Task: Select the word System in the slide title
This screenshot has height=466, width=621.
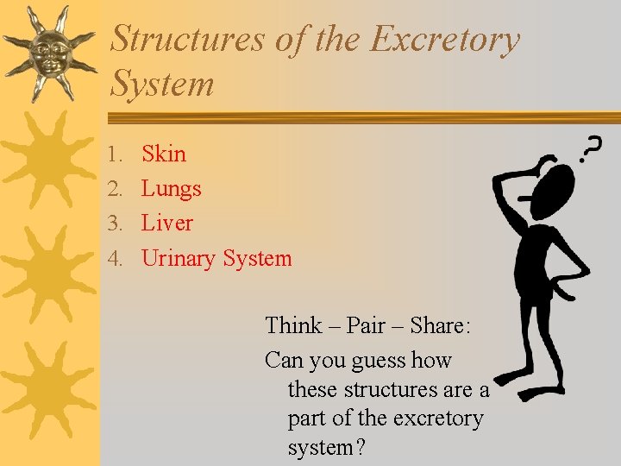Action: [163, 85]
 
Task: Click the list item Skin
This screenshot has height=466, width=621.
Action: [164, 154]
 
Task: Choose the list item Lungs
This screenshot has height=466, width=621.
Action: [171, 189]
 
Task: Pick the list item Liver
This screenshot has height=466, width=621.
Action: [167, 223]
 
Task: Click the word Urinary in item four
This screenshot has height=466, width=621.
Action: [179, 258]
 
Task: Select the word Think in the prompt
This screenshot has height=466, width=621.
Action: [294, 325]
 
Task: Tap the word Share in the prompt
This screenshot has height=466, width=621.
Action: [440, 325]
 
